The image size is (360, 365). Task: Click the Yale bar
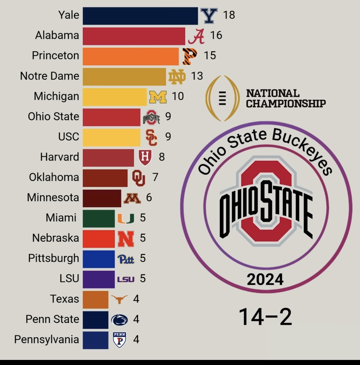click(140, 16)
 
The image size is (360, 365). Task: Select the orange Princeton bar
click(130, 56)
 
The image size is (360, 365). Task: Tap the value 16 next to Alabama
click(216, 35)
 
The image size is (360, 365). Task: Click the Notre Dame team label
click(50, 76)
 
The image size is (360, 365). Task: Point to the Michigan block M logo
click(158, 97)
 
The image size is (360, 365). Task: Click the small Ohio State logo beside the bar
click(151, 117)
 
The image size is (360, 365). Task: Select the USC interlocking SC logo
click(151, 137)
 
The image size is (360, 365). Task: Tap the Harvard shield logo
click(145, 157)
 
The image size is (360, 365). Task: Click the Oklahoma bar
click(105, 178)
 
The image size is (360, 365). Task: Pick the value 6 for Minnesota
click(149, 198)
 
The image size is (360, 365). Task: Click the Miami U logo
click(126, 218)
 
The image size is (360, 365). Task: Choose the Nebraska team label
click(56, 238)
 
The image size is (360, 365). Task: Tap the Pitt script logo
click(126, 259)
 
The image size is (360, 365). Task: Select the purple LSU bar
click(99, 279)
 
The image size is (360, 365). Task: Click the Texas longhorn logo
click(119, 299)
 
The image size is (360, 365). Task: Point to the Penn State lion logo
click(119, 320)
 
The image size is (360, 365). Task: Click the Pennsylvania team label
click(47, 340)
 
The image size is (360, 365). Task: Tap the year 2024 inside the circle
click(265, 279)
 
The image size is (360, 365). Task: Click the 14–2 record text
click(265, 317)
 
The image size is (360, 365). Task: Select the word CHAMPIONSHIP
click(286, 104)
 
